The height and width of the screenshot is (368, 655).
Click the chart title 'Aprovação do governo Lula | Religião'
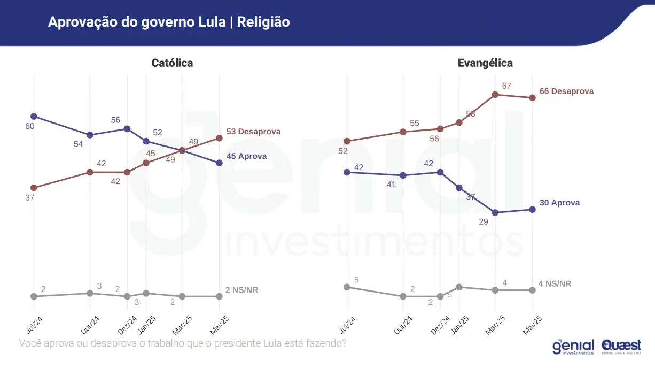point(169,22)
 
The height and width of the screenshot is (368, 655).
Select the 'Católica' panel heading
point(172,63)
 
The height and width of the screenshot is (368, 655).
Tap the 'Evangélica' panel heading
point(485,63)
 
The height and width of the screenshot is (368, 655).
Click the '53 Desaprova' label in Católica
point(253,132)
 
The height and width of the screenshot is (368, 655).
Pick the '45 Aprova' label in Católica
point(246,157)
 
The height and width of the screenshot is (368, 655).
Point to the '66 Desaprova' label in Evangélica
point(566,91)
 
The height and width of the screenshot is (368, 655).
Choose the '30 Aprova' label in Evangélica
point(559,203)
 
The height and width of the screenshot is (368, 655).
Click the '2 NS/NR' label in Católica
point(241,290)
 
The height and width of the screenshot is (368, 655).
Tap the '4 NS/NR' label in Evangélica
point(555,283)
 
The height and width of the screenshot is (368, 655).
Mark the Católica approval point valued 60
point(34,116)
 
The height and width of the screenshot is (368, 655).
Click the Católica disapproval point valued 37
point(34,188)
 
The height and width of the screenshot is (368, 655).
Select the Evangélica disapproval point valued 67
point(495,95)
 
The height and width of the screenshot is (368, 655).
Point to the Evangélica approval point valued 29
point(495,213)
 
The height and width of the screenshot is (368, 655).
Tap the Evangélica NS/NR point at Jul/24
point(347,287)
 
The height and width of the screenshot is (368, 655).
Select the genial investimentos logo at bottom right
point(574,347)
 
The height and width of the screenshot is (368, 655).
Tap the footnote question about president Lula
point(182,343)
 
